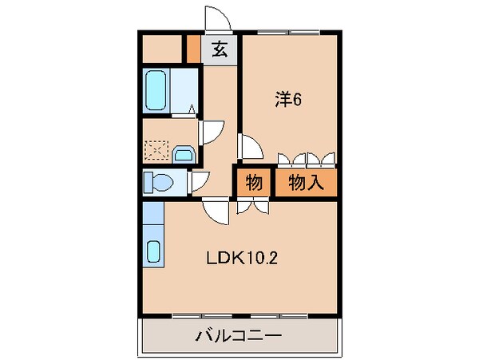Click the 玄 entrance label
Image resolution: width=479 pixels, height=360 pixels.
coord(220,49)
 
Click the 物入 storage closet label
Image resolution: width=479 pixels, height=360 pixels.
coord(306,183)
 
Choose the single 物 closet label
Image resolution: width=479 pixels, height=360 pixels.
coord(254,183)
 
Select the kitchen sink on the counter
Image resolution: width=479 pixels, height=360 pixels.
coord(154,251)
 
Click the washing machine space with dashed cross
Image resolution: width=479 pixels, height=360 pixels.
coord(156,150)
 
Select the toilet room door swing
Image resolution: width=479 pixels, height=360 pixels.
coord(200,182)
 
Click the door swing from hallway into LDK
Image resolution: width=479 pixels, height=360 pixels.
coord(215,209)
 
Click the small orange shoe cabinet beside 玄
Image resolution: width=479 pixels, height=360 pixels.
coord(192,49)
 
